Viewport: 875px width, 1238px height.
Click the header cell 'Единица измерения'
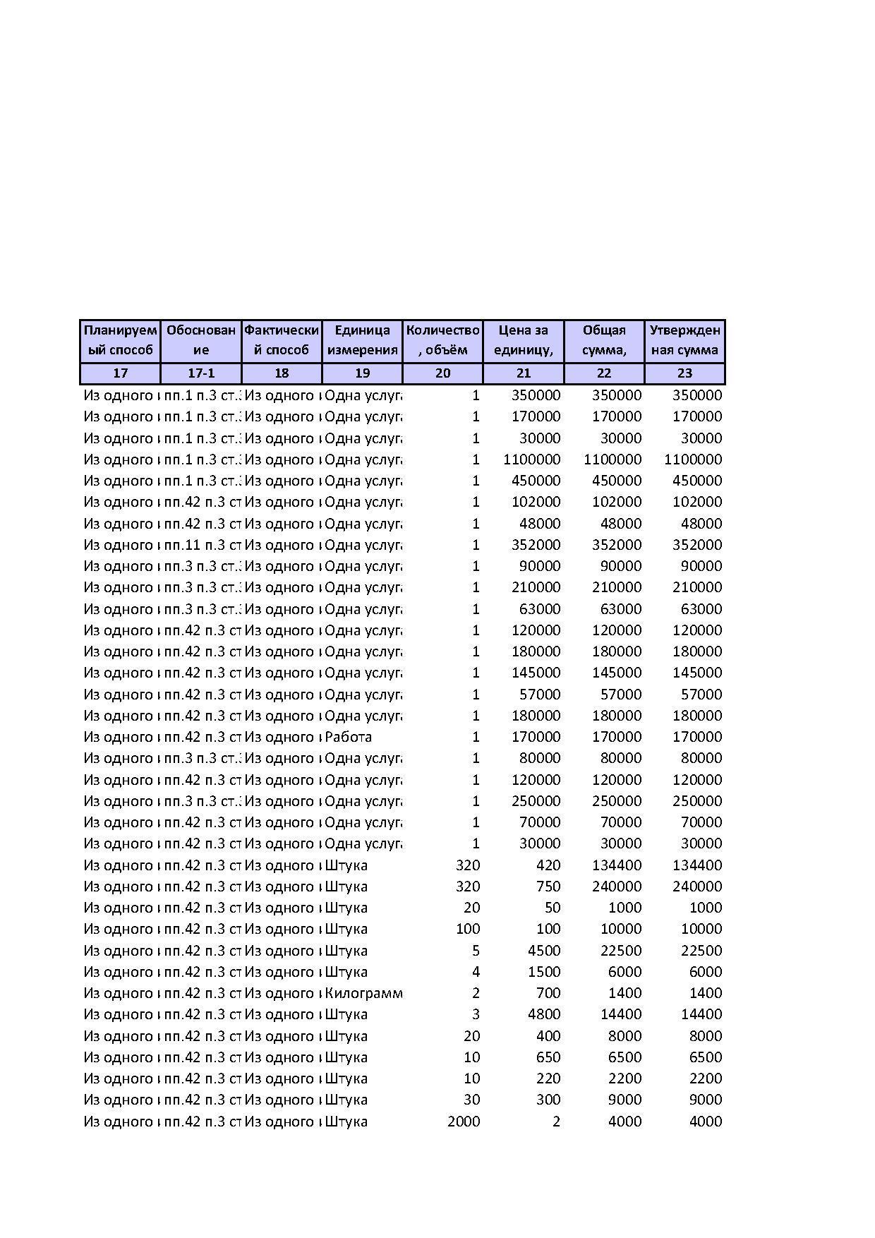point(362,340)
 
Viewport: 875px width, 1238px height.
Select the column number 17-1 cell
point(201,373)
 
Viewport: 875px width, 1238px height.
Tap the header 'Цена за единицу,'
point(523,340)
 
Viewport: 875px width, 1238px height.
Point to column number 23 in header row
point(684,373)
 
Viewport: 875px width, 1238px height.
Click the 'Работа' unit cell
point(348,737)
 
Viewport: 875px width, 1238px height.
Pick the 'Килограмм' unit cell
point(363,993)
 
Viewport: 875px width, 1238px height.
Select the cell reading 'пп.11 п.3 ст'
point(203,545)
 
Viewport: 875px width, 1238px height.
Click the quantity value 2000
point(464,1122)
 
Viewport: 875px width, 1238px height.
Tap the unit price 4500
point(544,951)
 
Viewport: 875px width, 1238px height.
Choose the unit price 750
point(548,887)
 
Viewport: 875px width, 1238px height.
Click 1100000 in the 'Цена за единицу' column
point(532,459)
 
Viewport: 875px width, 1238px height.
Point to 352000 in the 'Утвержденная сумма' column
point(696,545)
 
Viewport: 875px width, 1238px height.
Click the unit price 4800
point(544,1014)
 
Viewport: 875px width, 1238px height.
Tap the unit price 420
point(548,865)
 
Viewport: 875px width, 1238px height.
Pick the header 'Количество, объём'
point(442,340)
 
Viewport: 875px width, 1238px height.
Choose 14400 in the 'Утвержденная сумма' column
point(701,1014)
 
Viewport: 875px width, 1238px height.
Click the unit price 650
point(548,1057)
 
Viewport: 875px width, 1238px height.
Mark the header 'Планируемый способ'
point(120,340)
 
